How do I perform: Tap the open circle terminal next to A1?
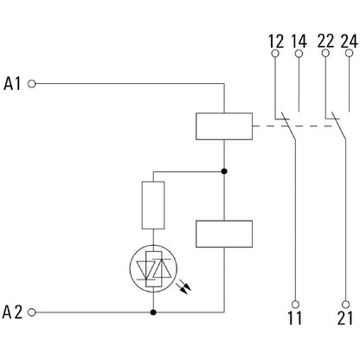[33, 84]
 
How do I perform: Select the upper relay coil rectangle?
[224, 128]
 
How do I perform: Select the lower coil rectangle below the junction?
[224, 235]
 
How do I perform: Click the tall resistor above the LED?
[154, 204]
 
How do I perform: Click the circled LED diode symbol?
[154, 271]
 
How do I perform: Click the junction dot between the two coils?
[224, 170]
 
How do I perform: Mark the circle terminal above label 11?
[296, 304]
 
